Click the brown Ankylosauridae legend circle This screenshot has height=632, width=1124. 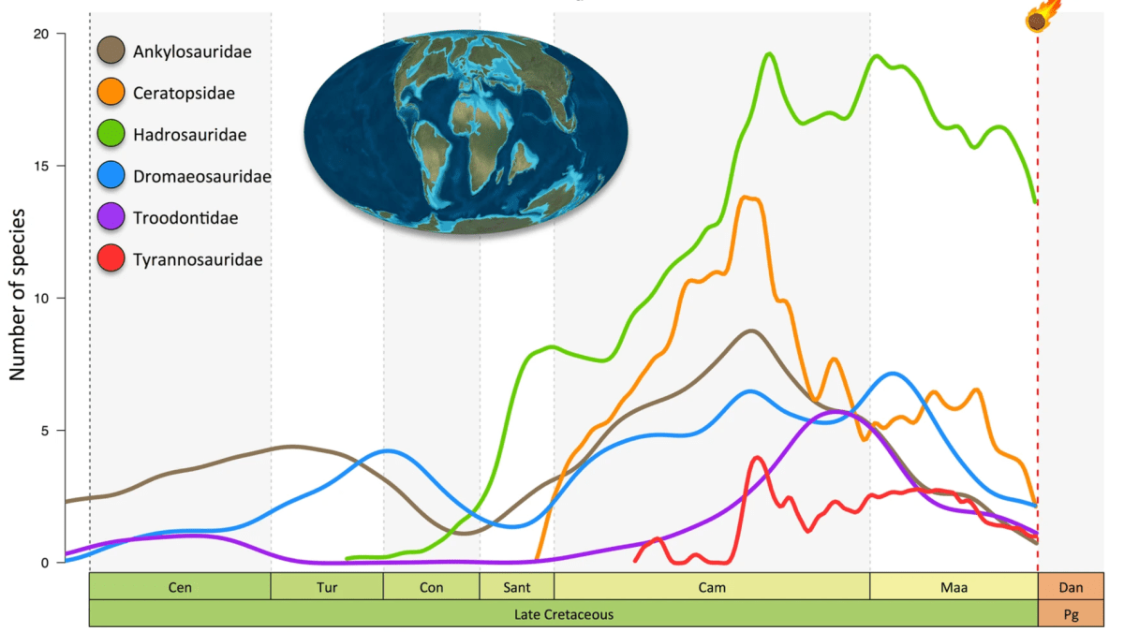pos(111,51)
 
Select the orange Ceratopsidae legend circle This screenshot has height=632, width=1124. pos(111,93)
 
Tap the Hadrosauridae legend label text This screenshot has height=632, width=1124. pos(190,135)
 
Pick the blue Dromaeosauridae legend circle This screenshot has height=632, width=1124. pos(111,176)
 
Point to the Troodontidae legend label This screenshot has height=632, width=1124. pos(185,218)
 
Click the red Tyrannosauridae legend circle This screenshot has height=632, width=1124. pos(111,259)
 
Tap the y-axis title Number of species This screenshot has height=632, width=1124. pos(18,299)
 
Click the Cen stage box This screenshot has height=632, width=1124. pos(180,587)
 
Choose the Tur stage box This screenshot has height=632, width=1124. pos(327,587)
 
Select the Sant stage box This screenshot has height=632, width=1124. pos(516,587)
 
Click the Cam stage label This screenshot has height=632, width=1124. pos(711,588)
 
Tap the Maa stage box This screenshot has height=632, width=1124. pos(954,587)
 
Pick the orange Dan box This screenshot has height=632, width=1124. pos(1071,587)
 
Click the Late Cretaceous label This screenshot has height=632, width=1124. pos(564,614)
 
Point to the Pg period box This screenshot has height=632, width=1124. pos(1071,614)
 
